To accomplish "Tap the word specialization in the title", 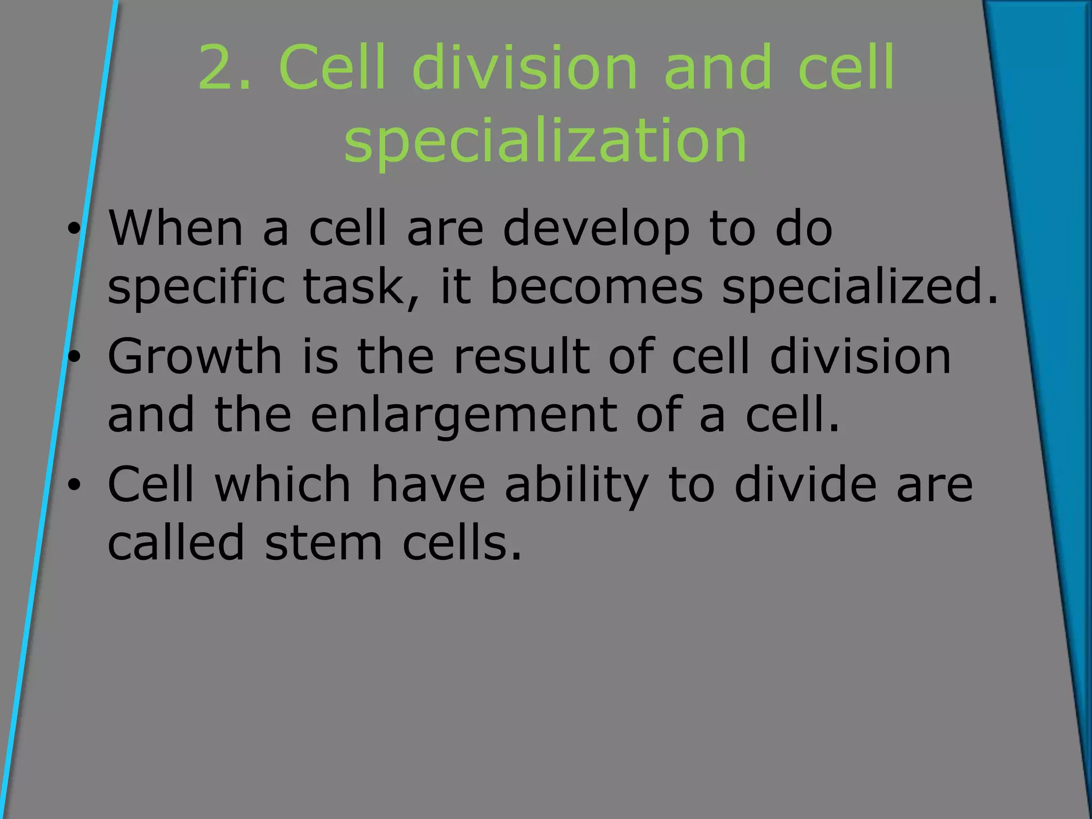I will pos(545,140).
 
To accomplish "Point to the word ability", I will pos(576,485).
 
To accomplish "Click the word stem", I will pos(323,543).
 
